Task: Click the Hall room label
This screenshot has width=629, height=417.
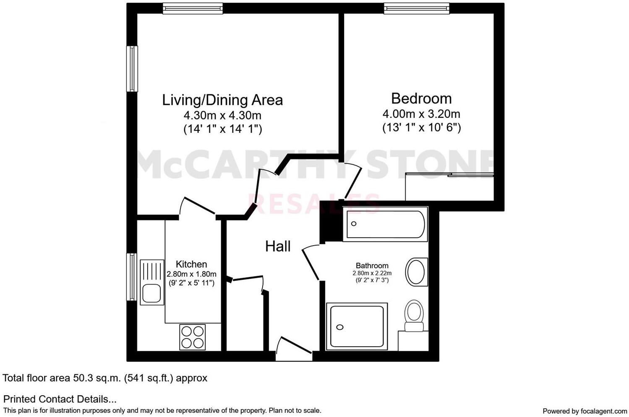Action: (278, 246)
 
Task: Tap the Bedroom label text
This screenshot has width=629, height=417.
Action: (421, 98)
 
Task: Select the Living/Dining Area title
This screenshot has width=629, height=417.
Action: (222, 100)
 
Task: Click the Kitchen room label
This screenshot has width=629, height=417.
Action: (191, 264)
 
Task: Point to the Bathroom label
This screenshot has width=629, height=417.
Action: (372, 266)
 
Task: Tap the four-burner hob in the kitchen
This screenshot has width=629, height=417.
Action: (193, 337)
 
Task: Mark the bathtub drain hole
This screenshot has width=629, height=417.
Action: (354, 224)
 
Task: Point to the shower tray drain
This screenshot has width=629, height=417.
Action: (340, 327)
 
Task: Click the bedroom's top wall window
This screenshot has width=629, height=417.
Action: (416, 8)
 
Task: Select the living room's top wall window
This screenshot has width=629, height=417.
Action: (193, 8)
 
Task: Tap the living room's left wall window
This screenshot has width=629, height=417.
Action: (133, 69)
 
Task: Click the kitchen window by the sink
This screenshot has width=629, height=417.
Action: (133, 277)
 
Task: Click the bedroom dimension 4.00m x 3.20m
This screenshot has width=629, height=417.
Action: (421, 114)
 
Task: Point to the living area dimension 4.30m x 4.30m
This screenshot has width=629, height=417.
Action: (222, 115)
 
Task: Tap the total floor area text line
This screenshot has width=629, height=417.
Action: (105, 378)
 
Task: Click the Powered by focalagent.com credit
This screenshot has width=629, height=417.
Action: (585, 411)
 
